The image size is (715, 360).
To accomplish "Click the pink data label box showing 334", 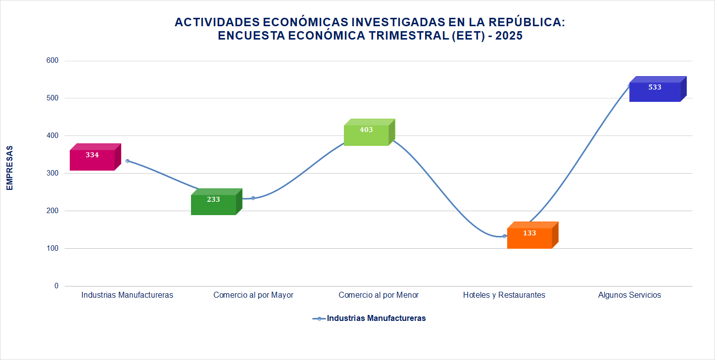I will click(x=93, y=159).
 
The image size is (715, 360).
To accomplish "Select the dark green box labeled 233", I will click(x=214, y=203).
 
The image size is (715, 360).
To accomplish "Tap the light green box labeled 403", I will click(x=367, y=134).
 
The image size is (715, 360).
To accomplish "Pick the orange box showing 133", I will click(x=530, y=237).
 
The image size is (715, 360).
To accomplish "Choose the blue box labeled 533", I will click(x=655, y=91).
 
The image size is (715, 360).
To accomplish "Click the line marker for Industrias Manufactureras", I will click(x=127, y=161).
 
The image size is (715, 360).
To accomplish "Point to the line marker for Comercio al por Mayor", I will click(x=253, y=198).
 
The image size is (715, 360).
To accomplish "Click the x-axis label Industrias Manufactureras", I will click(x=127, y=295).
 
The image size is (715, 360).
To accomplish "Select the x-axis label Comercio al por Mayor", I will click(x=253, y=295).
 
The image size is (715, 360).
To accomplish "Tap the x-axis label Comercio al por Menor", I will click(x=379, y=295).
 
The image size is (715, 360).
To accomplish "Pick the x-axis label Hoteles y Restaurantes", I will click(x=504, y=295).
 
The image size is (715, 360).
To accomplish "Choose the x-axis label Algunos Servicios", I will click(x=629, y=295).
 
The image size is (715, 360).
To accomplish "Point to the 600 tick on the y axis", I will click(x=53, y=61).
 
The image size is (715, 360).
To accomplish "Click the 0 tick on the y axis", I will click(x=56, y=286).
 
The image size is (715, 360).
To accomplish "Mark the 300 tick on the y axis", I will click(x=53, y=174).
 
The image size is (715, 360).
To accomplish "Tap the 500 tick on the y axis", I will click(x=53, y=98).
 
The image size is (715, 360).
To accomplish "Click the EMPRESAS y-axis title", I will click(x=9, y=168).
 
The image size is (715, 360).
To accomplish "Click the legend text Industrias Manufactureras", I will click(x=376, y=318).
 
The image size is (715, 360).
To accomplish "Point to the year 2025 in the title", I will click(x=509, y=36).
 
